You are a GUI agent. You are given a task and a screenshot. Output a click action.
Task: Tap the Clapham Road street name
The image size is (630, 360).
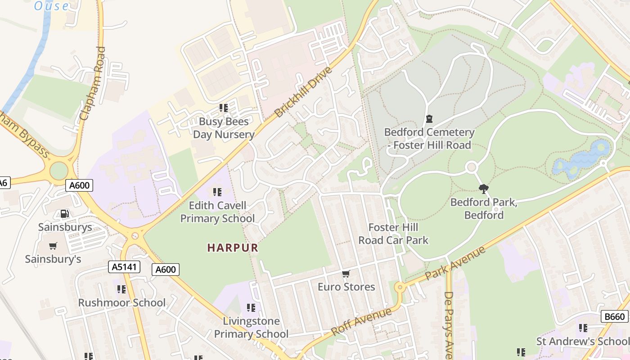coord(92,83)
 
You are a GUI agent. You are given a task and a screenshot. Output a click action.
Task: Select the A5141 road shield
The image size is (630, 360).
coord(124,267)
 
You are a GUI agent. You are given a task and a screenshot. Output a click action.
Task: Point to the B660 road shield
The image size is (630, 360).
coord(614,316)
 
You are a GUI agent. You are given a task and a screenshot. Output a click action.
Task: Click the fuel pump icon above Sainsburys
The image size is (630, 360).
coord(65,214)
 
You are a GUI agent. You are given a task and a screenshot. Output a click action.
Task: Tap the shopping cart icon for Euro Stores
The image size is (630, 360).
coord(346,274)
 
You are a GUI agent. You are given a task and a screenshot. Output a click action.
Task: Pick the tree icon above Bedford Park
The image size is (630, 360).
coord(484,189)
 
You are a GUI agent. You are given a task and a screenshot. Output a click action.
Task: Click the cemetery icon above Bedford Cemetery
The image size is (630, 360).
coord(429,119)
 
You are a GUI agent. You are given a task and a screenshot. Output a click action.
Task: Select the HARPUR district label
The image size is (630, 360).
coord(233,247)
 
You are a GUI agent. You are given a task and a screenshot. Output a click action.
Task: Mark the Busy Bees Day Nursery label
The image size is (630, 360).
coord(224,128)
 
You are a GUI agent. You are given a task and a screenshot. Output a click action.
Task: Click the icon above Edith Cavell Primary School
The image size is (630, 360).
coord(217,192)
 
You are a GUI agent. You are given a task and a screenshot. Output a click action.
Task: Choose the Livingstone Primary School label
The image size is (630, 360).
coord(251,328)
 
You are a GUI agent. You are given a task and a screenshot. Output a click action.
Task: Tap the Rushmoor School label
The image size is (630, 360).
coord(122,302)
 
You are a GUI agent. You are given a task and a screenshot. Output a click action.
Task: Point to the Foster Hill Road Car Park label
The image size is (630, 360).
coord(393,234)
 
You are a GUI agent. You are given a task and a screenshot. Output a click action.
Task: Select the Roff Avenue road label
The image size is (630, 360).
coord(361,321)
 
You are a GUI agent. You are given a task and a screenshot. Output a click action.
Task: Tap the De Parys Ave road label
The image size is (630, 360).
coord(448,324)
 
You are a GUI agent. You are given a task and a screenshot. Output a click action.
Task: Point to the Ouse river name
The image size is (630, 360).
coord(52,6)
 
